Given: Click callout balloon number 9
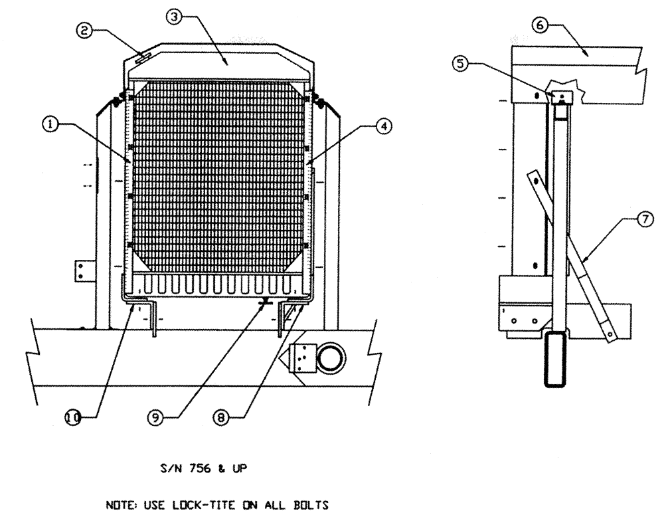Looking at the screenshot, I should pyautogui.click(x=155, y=417).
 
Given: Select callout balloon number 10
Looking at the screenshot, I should pyautogui.click(x=72, y=417).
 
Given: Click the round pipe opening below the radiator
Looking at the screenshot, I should pyautogui.click(x=330, y=359).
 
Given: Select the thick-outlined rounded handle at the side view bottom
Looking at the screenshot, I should pyautogui.click(x=556, y=360).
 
